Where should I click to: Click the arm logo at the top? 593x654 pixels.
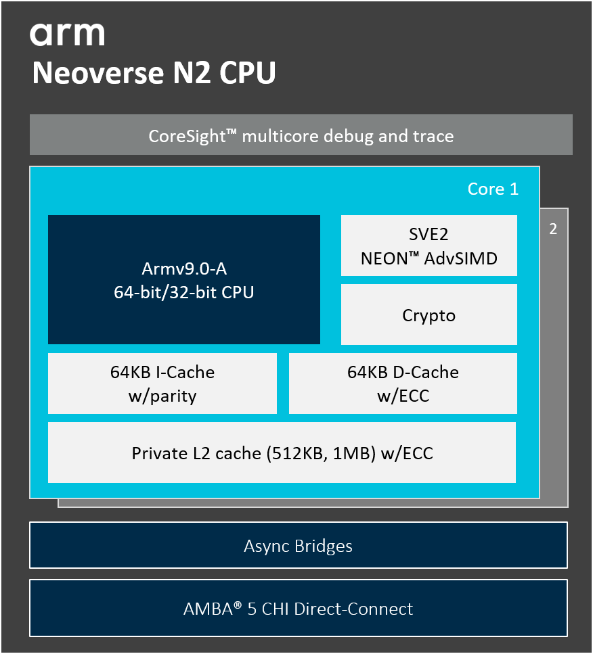[x=67, y=34]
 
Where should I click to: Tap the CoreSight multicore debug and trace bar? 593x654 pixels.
[x=301, y=136]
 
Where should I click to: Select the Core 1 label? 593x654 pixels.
[x=493, y=189]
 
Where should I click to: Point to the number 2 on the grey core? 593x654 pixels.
[x=553, y=229]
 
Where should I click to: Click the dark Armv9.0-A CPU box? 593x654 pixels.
[x=183, y=279]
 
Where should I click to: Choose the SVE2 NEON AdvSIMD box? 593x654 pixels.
[x=429, y=246]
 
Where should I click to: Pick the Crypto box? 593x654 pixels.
[x=429, y=315]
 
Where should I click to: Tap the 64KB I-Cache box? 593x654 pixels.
[x=162, y=383]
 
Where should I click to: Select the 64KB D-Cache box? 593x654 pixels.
[x=403, y=383]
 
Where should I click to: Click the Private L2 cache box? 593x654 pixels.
[x=282, y=452]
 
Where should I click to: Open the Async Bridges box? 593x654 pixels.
[x=298, y=545]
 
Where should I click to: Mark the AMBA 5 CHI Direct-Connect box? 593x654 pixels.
[x=298, y=608]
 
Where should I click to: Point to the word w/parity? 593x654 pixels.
[x=162, y=396]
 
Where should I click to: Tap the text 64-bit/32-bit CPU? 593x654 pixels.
[x=184, y=293]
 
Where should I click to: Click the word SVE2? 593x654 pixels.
[x=429, y=235]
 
